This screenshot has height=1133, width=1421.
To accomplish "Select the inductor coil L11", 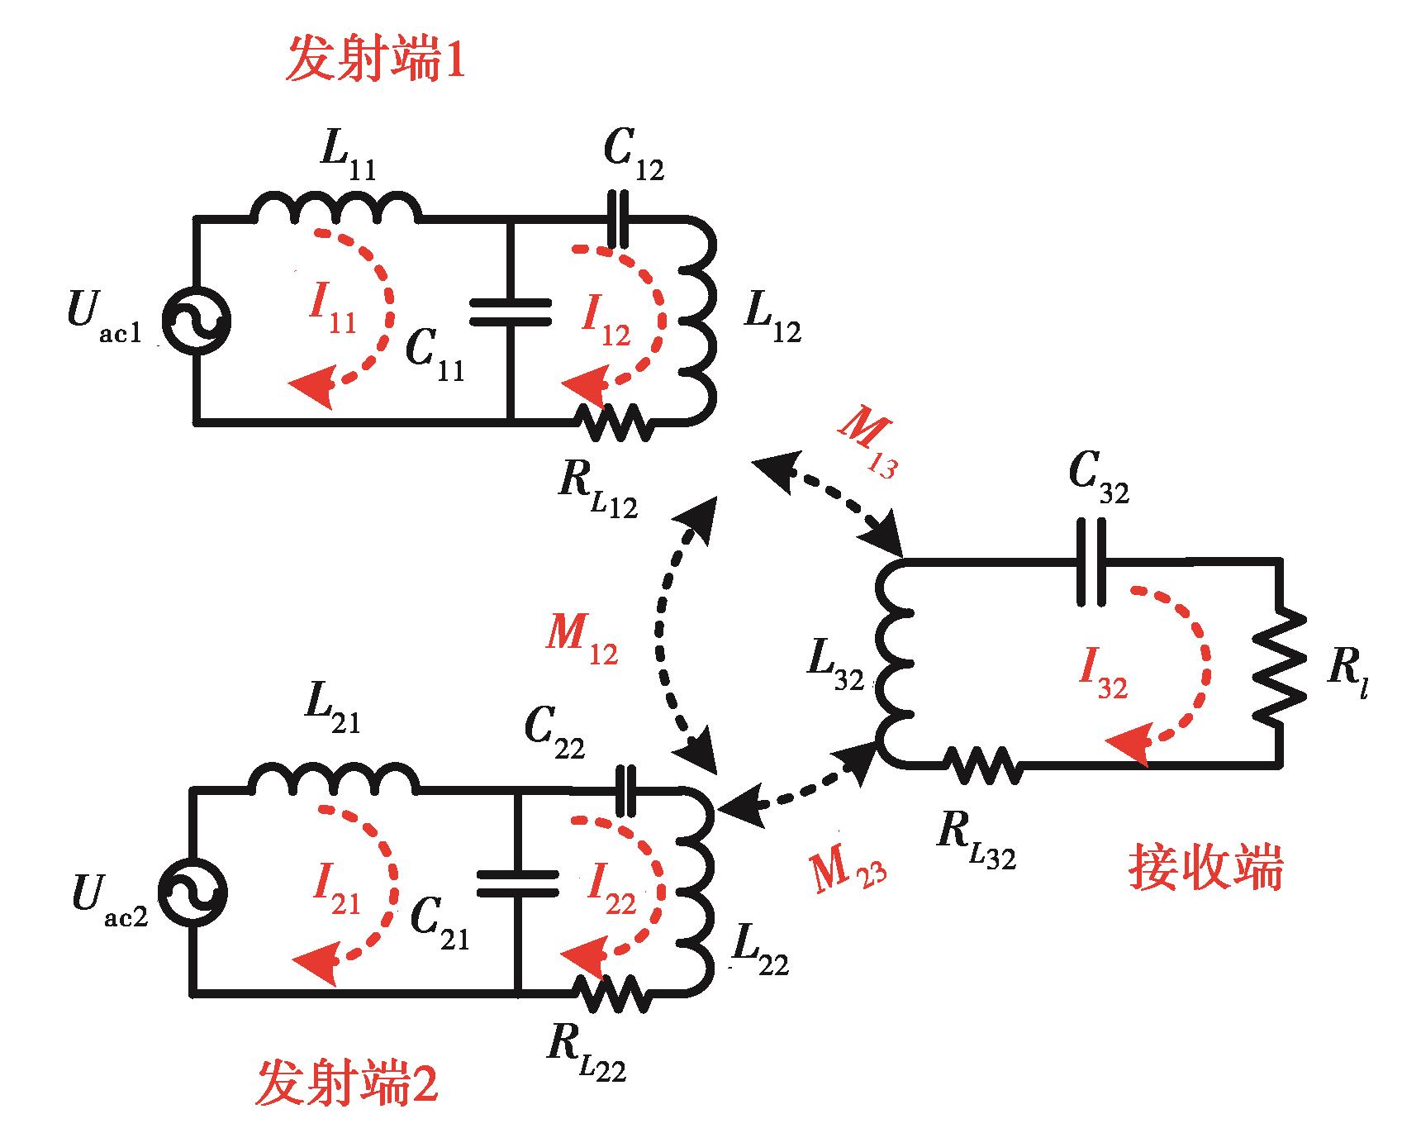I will [x=335, y=208].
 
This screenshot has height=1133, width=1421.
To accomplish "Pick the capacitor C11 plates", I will [x=511, y=313].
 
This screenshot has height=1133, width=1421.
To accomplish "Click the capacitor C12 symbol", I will [x=616, y=219].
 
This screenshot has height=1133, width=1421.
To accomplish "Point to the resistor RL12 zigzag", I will [x=615, y=423].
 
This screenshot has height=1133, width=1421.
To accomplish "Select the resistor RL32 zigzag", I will [x=983, y=764].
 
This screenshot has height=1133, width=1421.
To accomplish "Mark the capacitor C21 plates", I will [x=518, y=883].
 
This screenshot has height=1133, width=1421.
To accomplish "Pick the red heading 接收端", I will [x=1205, y=869].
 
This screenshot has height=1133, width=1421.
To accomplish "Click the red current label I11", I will [x=332, y=311].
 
